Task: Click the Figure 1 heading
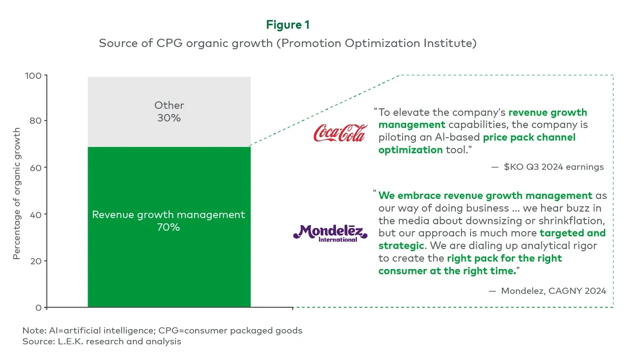(288, 24)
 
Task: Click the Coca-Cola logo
(340, 133)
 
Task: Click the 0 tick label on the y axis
(38, 307)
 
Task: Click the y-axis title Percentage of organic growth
(17, 193)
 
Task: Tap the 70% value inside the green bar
(169, 227)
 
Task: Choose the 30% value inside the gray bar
(169, 118)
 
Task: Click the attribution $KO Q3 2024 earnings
(554, 167)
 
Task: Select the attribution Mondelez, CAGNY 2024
(553, 291)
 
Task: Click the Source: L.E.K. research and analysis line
(101, 341)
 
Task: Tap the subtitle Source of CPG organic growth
(288, 43)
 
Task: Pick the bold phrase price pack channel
(529, 138)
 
